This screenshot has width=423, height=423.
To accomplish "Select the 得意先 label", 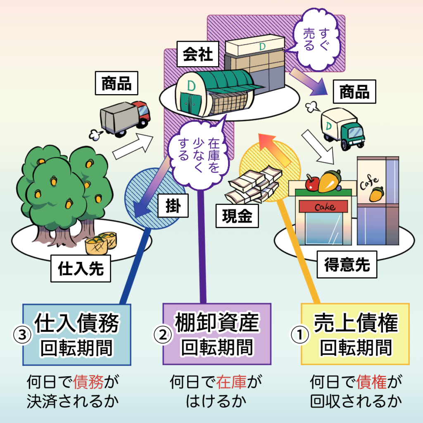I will click(x=347, y=265).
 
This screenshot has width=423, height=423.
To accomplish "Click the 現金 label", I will click(x=237, y=216).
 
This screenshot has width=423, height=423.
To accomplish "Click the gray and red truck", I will click(x=125, y=118).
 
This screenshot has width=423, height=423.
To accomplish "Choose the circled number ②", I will click(x=162, y=335).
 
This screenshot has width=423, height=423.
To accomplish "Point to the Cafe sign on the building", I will click(x=371, y=183).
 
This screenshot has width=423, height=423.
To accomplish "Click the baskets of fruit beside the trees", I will click(x=101, y=244).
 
